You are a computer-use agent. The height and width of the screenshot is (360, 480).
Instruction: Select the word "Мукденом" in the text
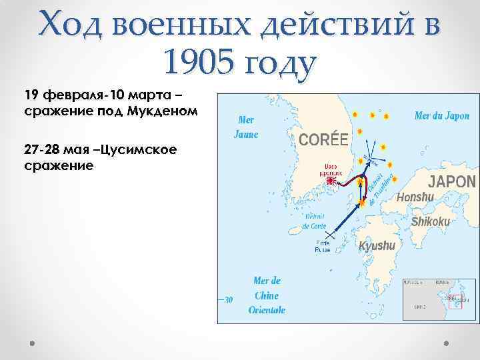pyautogui.click(x=166, y=109)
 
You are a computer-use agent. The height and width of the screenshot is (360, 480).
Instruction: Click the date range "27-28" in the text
pyautogui.click(x=38, y=149)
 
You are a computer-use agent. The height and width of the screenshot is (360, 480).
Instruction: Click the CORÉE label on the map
pyautogui.click(x=323, y=139)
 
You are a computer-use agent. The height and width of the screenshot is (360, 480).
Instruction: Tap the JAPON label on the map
pyautogui.click(x=451, y=181)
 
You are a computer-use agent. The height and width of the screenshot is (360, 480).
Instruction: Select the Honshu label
pyautogui.click(x=415, y=197)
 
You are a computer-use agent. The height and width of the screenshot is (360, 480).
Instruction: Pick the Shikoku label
pyautogui.click(x=431, y=221)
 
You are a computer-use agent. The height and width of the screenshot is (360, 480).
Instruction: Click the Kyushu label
pyautogui.click(x=377, y=246)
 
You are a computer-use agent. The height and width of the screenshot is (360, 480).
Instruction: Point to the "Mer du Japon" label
pyautogui.click(x=441, y=115)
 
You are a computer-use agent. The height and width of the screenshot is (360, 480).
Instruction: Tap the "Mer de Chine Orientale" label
pyautogui.click(x=267, y=295)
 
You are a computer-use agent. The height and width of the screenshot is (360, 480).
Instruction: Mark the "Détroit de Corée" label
pyautogui.click(x=315, y=221)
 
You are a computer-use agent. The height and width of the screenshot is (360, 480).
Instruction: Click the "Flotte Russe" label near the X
pyautogui.click(x=323, y=247)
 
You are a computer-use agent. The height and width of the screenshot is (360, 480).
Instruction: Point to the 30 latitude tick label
pyautogui.click(x=228, y=300)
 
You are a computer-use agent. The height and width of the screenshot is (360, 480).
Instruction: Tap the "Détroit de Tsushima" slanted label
pyautogui.click(x=380, y=188)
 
